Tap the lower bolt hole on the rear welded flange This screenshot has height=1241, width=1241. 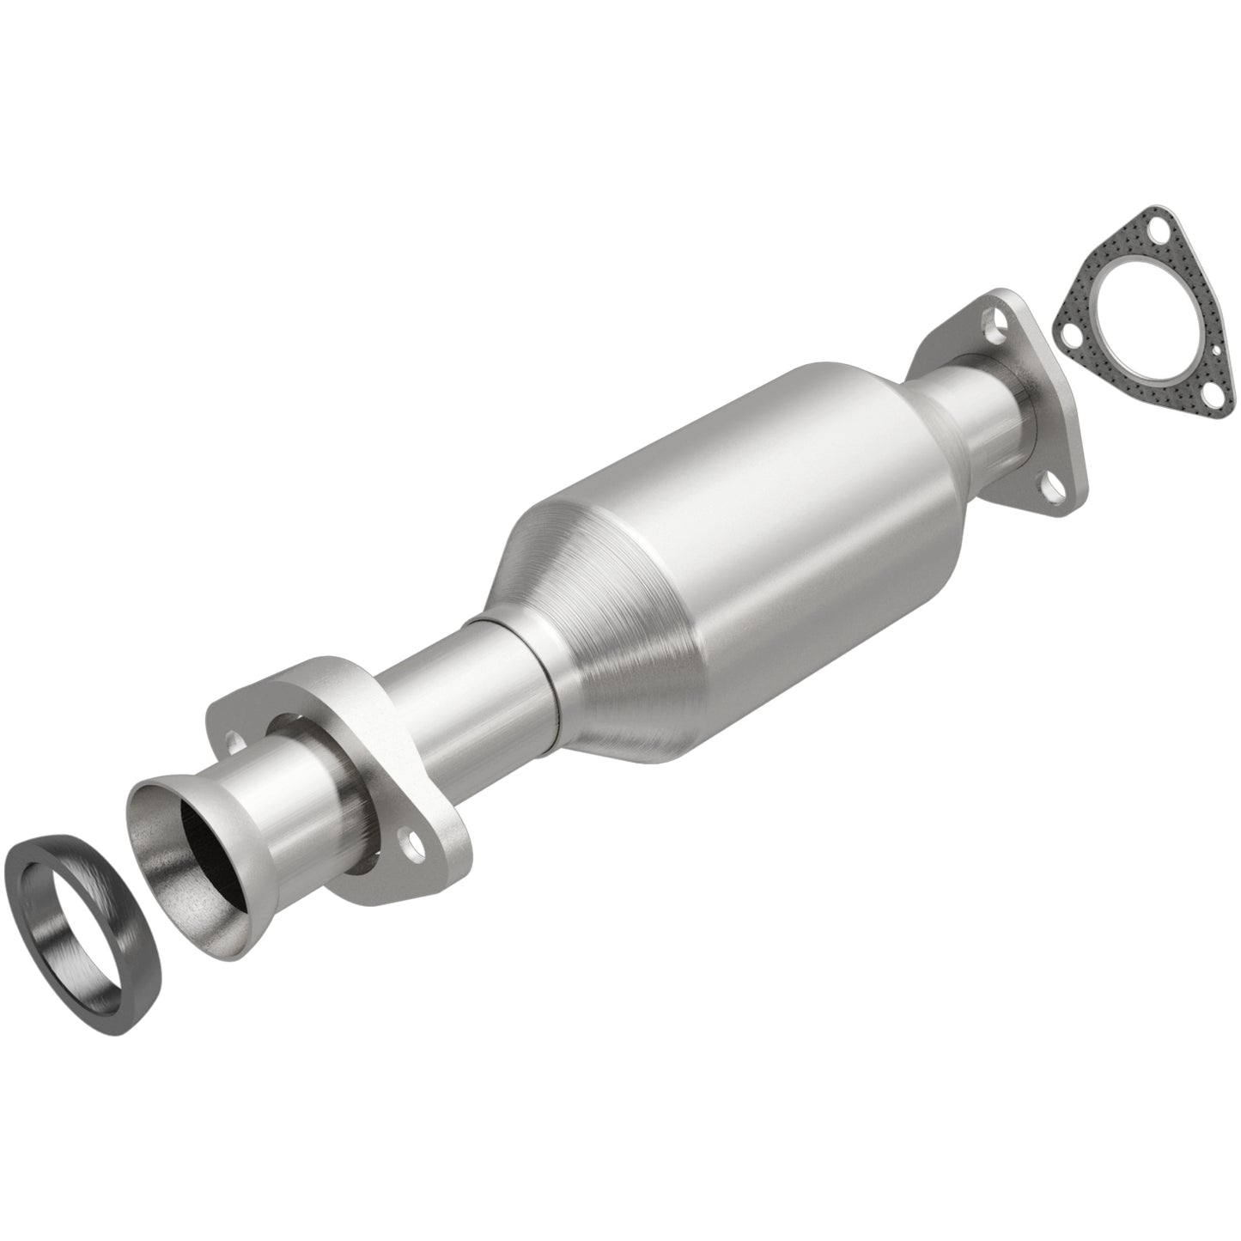click(1054, 489)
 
